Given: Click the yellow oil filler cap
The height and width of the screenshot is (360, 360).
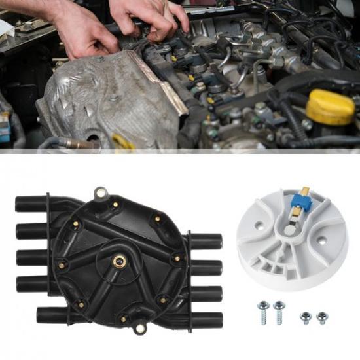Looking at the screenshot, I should pos(331,107).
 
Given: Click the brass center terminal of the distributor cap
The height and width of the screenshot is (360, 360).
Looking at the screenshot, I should pos(121,261).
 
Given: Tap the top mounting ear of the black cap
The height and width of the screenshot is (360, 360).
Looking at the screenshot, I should pos(100,193).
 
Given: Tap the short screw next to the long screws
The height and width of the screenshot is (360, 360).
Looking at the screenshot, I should pos(304,317).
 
